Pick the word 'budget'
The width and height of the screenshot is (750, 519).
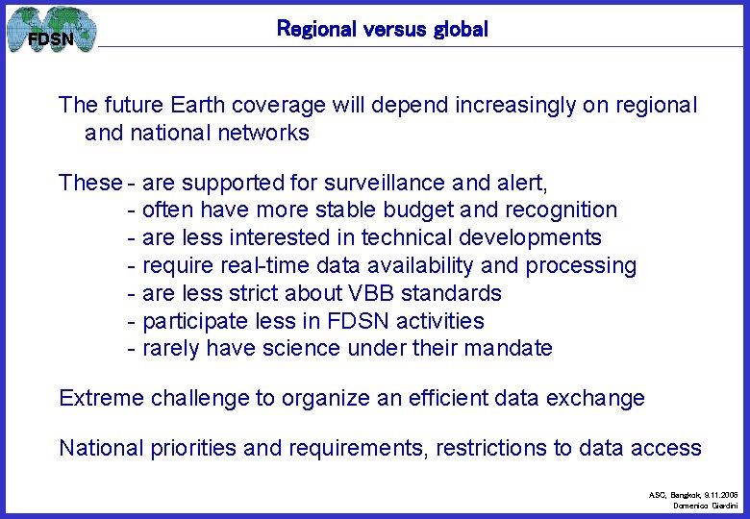coord(411,210)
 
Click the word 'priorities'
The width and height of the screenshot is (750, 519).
coord(196,448)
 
